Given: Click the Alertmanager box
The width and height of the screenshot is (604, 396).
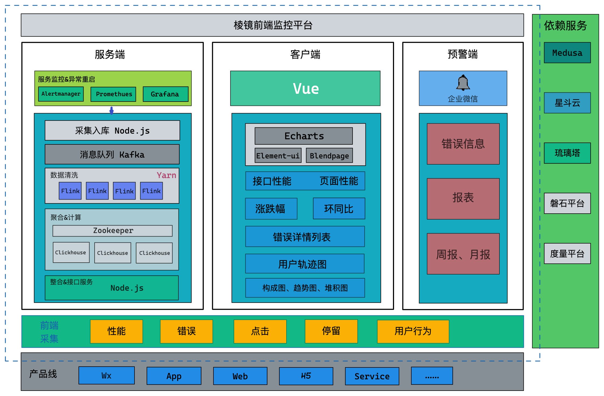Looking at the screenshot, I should click(61, 94).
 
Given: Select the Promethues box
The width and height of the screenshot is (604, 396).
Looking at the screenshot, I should click(113, 94).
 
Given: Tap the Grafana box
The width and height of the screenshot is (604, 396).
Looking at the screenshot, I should click(165, 94).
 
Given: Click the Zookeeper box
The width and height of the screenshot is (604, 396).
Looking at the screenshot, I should click(112, 231).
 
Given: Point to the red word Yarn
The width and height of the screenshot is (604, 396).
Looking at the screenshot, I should click(166, 175).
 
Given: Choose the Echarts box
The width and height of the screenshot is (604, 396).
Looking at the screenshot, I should click(304, 136).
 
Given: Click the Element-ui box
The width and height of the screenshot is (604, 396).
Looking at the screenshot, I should click(278, 155).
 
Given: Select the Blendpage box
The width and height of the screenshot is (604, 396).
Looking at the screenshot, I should click(329, 155).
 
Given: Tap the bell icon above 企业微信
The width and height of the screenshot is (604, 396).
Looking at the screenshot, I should click(463, 83).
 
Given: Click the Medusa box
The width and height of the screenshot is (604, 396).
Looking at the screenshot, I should click(567, 53).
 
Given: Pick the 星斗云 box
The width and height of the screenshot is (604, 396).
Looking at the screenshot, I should click(567, 103).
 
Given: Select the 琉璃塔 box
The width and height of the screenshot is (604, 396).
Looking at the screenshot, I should click(567, 153).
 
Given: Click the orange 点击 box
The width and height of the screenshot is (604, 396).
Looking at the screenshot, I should click(260, 331).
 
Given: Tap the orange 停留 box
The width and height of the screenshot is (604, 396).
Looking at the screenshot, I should click(331, 331).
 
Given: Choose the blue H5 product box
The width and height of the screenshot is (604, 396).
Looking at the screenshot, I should click(306, 376).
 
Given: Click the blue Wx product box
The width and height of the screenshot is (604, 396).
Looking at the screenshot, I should click(106, 376).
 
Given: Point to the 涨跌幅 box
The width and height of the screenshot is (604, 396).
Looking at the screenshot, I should click(271, 209).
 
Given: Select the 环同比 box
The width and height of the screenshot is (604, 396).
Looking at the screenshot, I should click(339, 209).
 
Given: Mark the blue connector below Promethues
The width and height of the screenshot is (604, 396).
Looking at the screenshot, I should click(112, 110).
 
